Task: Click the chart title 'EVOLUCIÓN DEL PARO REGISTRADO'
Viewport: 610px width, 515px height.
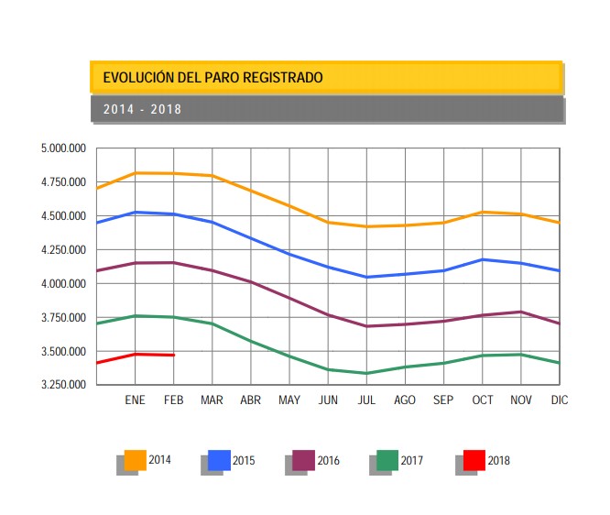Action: [x=212, y=78]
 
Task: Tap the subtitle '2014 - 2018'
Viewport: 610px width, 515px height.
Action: [x=142, y=109]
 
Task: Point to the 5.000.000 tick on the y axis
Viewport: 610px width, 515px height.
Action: [x=63, y=148]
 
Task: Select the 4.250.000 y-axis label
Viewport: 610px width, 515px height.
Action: [x=63, y=249]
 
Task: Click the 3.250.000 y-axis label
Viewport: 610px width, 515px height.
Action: [x=63, y=385]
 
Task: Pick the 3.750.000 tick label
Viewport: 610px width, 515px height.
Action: [x=63, y=317]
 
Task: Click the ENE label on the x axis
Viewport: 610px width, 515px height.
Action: [x=136, y=400]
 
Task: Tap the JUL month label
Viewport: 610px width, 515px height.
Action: [x=366, y=400]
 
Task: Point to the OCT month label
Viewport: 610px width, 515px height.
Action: [x=482, y=400]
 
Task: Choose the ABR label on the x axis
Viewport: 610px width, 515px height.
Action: [x=250, y=400]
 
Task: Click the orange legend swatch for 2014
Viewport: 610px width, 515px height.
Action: [x=136, y=460]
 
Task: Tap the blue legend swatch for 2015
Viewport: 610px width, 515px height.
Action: [x=219, y=460]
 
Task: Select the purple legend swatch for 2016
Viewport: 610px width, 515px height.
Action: [x=303, y=460]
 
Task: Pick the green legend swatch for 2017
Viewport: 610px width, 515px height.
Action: [x=387, y=460]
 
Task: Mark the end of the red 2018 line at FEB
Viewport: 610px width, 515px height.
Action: [x=174, y=355]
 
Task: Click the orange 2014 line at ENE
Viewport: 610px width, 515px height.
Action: [x=136, y=172]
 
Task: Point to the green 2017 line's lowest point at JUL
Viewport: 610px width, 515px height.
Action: [x=366, y=373]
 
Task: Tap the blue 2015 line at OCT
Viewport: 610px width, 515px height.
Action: [x=482, y=259]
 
